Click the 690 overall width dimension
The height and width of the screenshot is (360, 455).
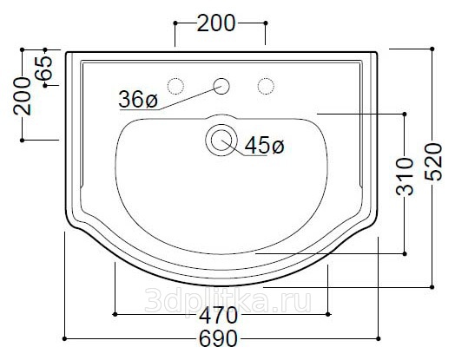(219, 338)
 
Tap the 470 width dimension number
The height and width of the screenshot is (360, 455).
(218, 316)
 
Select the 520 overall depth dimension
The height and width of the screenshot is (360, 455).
(433, 162)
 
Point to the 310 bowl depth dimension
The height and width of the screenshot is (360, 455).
(405, 176)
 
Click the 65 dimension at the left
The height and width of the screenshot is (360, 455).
(43, 69)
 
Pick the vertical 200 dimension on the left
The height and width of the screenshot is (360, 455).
(22, 96)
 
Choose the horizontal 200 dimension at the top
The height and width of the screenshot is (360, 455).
(216, 23)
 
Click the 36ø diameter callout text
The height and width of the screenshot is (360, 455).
(138, 99)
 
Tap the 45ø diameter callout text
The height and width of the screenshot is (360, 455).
(264, 146)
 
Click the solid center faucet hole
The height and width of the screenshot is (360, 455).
(221, 86)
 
